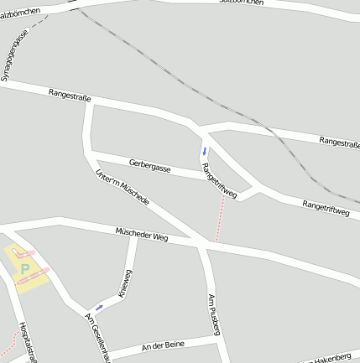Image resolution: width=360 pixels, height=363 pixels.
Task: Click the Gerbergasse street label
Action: pos(150,166)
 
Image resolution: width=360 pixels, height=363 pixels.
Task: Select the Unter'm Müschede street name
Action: pos(123,188)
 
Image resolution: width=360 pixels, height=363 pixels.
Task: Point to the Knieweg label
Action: pos(126,284)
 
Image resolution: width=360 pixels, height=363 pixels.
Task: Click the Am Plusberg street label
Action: pos(213,314)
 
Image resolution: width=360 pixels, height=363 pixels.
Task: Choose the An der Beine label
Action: pos(163,345)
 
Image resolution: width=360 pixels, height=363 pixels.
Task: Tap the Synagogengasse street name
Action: pos(14,55)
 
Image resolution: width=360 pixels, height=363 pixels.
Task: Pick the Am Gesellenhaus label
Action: pos(98,335)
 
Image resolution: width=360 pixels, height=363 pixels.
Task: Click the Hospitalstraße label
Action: pos(28,342)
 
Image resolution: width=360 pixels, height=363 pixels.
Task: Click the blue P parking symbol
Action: pos(24,269)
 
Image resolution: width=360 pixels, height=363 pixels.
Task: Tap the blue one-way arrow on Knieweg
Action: pos(99,307)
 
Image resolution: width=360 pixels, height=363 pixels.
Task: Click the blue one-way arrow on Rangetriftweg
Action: pos(203,152)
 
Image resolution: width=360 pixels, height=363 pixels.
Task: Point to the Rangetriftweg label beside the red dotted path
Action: pos(219,180)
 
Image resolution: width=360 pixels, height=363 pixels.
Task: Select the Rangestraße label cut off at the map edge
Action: pos(340,143)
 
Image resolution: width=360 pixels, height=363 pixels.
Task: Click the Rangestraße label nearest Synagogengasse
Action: pos(70,96)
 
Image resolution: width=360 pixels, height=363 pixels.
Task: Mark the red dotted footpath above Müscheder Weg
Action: pos(220,220)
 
